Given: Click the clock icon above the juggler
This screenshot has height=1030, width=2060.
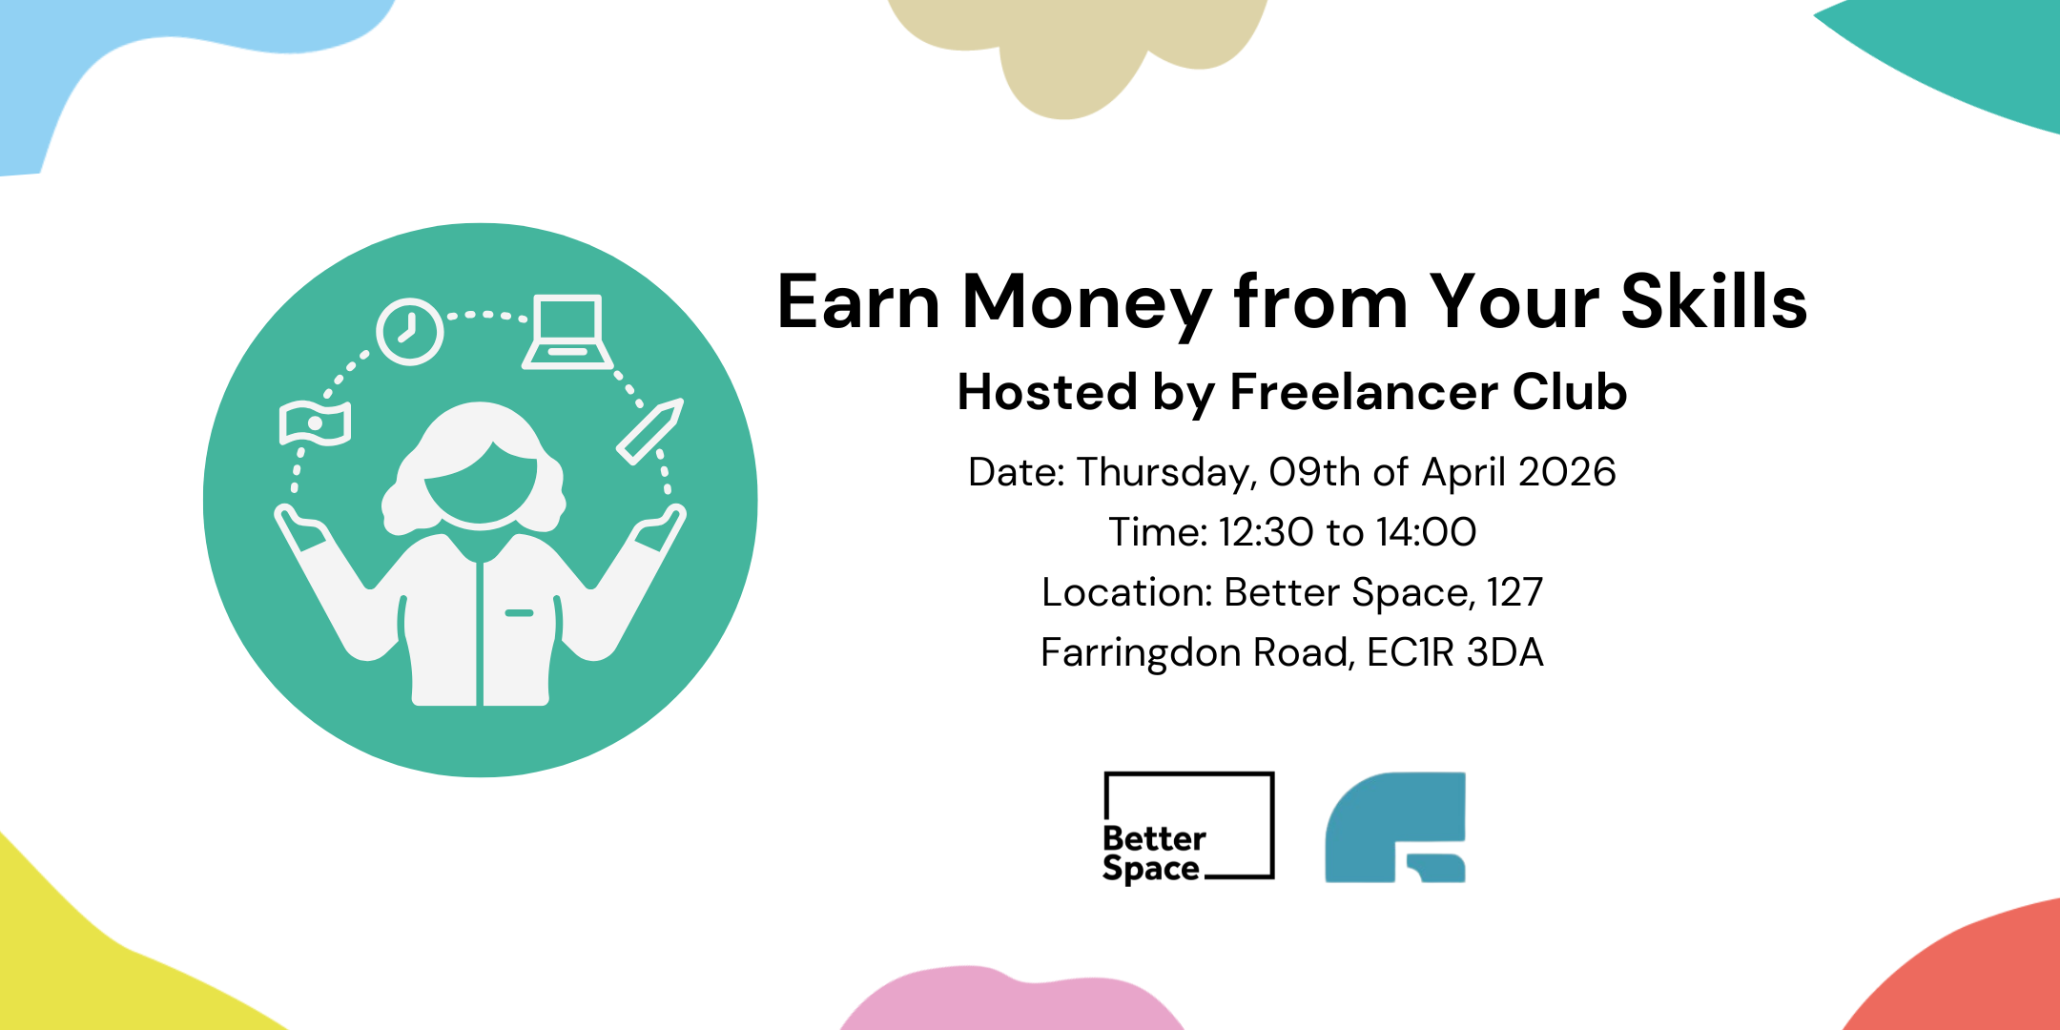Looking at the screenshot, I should pos(409,332).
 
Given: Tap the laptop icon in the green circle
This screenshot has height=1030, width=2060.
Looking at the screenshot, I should pos(567,332).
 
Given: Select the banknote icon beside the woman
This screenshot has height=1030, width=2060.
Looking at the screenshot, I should pos(315,422).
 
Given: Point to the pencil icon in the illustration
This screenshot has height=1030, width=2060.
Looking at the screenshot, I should pos(650,431).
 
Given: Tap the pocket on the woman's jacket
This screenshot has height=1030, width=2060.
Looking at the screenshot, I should pos(519,612).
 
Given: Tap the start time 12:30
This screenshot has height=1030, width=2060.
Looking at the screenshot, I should pos(1266,532).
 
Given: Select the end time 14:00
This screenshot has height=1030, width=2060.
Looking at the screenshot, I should pos(1426,532).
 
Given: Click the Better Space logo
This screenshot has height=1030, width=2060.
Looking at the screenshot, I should pos(1187,827).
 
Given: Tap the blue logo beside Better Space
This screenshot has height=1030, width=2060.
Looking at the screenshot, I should pos(1395,827).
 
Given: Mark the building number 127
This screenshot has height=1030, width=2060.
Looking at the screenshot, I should pos(1514,592).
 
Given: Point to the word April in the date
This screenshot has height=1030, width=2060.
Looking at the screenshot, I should pos(1465,473).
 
